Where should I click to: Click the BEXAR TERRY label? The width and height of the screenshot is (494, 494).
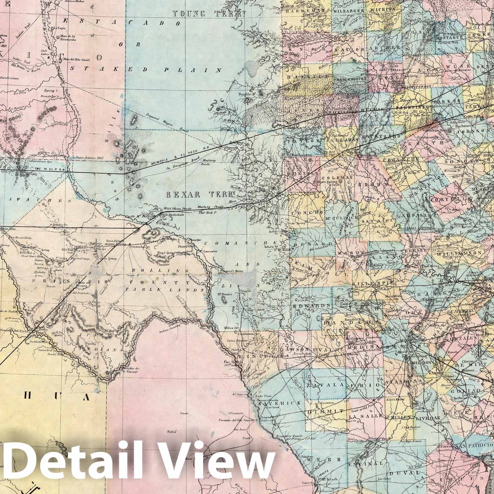pos(201,195)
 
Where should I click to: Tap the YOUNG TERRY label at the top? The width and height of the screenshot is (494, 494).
pos(209,14)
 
